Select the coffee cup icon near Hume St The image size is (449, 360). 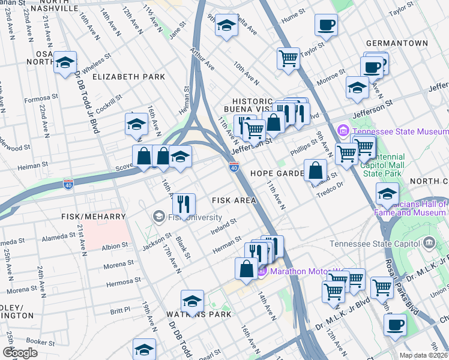click(326, 25)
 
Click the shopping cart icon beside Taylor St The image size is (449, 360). click(288, 59)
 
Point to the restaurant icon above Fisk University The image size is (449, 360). click(184, 205)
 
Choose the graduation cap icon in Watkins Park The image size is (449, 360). click(192, 301)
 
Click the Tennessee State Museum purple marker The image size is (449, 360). click(343, 130)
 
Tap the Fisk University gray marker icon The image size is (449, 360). click(159, 215)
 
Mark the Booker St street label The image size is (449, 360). click(41, 343)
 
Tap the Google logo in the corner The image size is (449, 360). click(20, 352)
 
